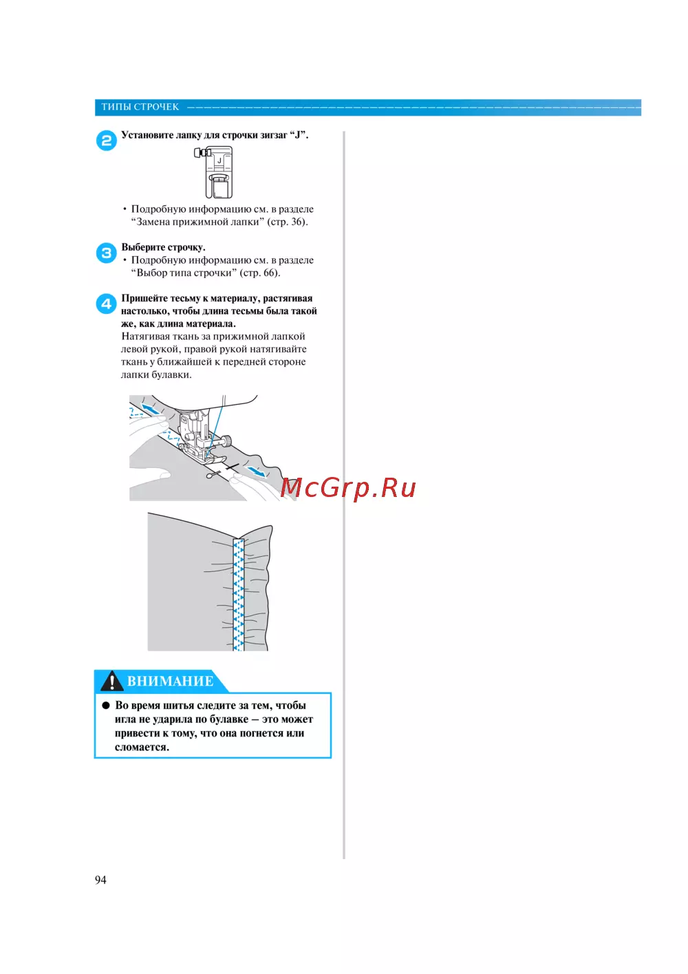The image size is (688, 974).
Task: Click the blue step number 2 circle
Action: [106, 141]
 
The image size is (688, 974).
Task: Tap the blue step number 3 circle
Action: [106, 253]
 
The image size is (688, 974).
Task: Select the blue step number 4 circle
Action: [106, 304]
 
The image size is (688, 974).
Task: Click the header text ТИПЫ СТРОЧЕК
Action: [140, 107]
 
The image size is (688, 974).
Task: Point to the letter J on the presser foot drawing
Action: [219, 160]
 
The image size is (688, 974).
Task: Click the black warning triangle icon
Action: [111, 681]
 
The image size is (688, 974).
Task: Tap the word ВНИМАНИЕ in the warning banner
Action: [171, 681]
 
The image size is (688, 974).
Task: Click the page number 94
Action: [100, 880]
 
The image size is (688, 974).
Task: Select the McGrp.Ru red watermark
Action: [347, 488]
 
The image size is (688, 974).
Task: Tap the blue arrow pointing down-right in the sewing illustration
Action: [255, 471]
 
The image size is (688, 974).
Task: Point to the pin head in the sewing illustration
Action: [209, 476]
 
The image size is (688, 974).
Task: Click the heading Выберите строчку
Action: [164, 247]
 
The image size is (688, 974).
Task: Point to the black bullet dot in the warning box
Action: [106, 706]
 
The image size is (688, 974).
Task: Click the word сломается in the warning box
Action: [142, 748]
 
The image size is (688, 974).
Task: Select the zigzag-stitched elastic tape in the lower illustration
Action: [239, 595]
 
